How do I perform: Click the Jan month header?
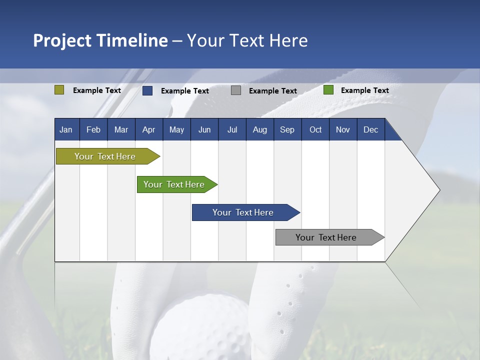coord(66,129)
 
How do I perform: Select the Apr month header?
coord(148,129)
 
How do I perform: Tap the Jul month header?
coord(232,129)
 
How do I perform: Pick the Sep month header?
coord(287,129)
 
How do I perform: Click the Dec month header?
coord(370,129)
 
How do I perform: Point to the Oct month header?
coord(315,129)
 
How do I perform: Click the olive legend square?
coord(59,90)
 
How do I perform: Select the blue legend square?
coord(147,90)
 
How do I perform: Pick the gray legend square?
coord(236,90)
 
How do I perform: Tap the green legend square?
coord(328,90)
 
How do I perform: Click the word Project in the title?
coord(61,40)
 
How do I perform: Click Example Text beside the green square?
coord(364,90)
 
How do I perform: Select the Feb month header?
coord(93,129)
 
